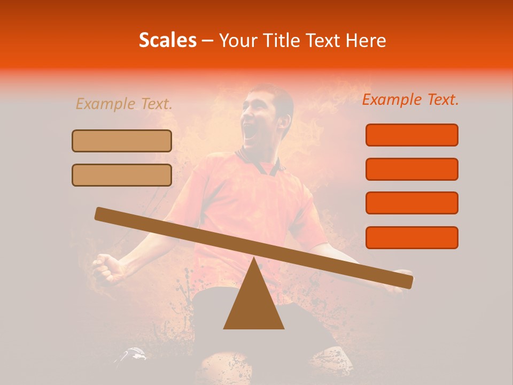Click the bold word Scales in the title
pos(167,40)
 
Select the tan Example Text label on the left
pos(124,104)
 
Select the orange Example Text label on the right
pos(410,99)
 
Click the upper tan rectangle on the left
pos(122,141)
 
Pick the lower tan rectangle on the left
pos(122,175)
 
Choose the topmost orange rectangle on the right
pos(411,135)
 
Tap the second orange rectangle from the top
pos(411,169)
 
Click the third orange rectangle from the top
pos(411,203)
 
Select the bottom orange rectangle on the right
pos(411,237)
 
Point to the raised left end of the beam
pos(102,213)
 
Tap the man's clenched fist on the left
pos(107,267)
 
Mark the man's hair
pos(278,96)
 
